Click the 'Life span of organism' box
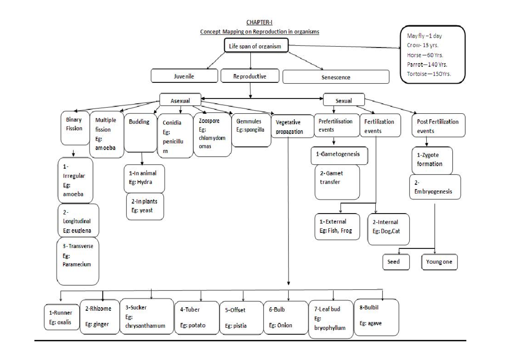click(x=256, y=46)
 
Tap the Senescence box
click(x=336, y=77)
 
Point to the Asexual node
click(x=180, y=101)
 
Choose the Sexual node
click(x=343, y=101)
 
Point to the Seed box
click(x=397, y=262)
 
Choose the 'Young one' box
click(x=439, y=262)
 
